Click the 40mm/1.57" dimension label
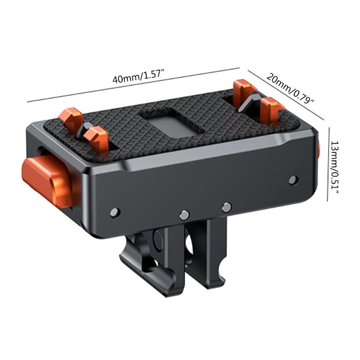point(139,77)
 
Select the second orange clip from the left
point(97,137)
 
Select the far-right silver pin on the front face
point(293,180)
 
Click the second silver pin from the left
point(183,215)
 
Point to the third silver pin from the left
point(226,207)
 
